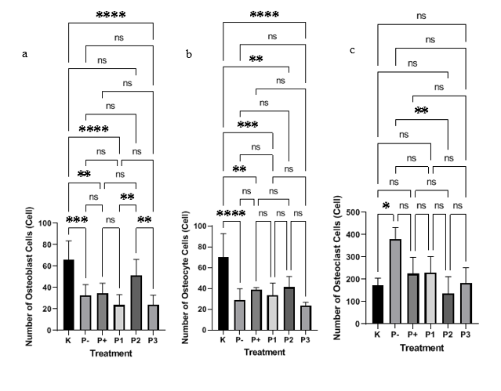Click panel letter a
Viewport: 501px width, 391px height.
click(26, 54)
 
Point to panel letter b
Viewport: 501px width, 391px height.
click(188, 54)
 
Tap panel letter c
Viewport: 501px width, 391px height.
click(352, 50)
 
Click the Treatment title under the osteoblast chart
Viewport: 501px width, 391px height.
click(111, 354)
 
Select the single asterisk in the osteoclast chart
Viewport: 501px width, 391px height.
click(386, 205)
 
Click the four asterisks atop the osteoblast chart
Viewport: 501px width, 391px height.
click(111, 15)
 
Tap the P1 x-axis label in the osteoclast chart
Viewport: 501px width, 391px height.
click(430, 335)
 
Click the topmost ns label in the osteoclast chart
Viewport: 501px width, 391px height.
click(422, 15)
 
